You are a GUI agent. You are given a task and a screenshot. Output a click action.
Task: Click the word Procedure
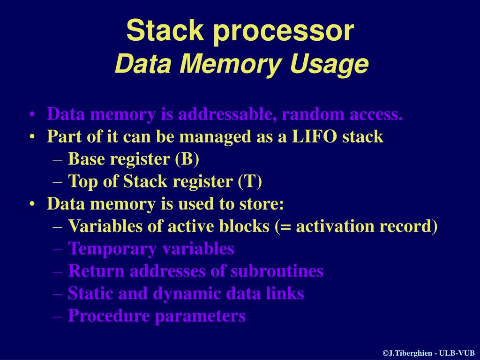(x=109, y=316)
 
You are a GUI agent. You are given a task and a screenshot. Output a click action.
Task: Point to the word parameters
(x=201, y=317)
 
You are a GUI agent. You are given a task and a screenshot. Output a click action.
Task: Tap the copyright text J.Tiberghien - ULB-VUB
(x=429, y=353)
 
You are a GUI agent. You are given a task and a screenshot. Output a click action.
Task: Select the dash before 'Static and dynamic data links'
(x=58, y=294)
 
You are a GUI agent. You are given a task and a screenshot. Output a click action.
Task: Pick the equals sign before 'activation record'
(x=285, y=227)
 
